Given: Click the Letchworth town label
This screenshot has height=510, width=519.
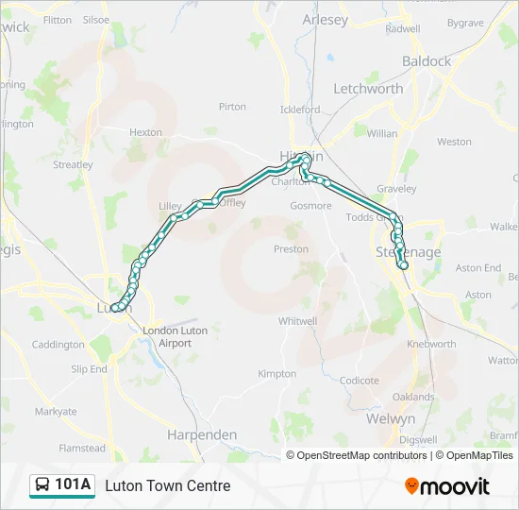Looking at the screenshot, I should point(368,89).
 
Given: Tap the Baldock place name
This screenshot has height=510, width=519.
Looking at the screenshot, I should point(427,61).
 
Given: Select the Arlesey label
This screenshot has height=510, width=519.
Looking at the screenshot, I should point(325,20).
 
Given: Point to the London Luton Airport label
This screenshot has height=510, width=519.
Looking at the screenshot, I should point(175,337).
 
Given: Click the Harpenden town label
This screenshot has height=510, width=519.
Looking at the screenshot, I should point(202,434).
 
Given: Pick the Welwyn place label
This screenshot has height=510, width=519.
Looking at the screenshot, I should point(391,418).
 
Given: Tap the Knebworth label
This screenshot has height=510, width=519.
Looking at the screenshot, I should point(430,345).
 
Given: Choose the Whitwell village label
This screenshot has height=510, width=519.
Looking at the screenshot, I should point(297,321).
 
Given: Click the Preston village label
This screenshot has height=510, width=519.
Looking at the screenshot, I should point(291,249).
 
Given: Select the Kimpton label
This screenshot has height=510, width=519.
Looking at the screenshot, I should point(276,374).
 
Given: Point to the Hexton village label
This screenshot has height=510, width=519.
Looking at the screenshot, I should point(145,133).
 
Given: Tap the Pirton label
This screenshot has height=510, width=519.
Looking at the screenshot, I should point(232,108).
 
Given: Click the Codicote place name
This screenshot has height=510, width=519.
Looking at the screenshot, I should point(359,382).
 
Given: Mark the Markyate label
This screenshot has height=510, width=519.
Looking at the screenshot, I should point(56,412).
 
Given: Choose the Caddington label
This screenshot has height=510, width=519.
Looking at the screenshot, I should point(58,345).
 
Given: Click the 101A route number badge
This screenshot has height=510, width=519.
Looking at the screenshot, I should point(74,485).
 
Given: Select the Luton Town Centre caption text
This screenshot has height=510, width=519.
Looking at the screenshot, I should point(167,486).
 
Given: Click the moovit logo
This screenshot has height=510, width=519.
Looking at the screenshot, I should point(447,486).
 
